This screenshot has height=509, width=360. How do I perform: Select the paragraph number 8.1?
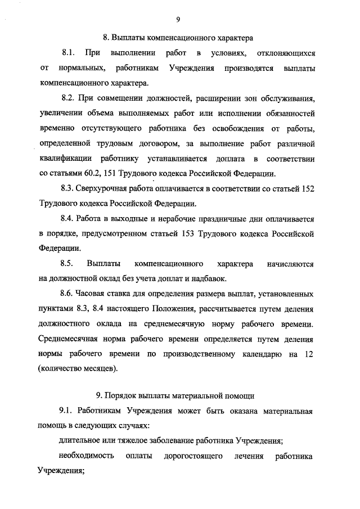[x=67, y=53]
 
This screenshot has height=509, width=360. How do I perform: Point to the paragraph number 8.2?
[x=67, y=98]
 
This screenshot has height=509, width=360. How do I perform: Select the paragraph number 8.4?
[x=67, y=218]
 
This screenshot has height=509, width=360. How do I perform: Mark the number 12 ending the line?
[x=309, y=354]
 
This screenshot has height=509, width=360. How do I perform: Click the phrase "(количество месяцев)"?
[x=79, y=369]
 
